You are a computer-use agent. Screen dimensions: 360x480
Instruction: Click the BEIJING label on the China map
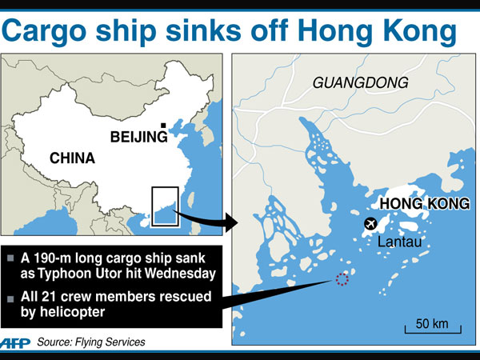click(x=138, y=138)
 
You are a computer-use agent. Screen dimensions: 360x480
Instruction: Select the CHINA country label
click(x=72, y=158)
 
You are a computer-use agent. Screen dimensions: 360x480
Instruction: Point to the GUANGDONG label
click(x=360, y=82)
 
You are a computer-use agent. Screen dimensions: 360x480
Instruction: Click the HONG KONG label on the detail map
click(x=424, y=204)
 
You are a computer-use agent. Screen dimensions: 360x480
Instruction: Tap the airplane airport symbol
click(x=370, y=223)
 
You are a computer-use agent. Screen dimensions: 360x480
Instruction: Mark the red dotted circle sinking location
click(x=342, y=279)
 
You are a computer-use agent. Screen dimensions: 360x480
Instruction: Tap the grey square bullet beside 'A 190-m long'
click(x=10, y=258)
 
